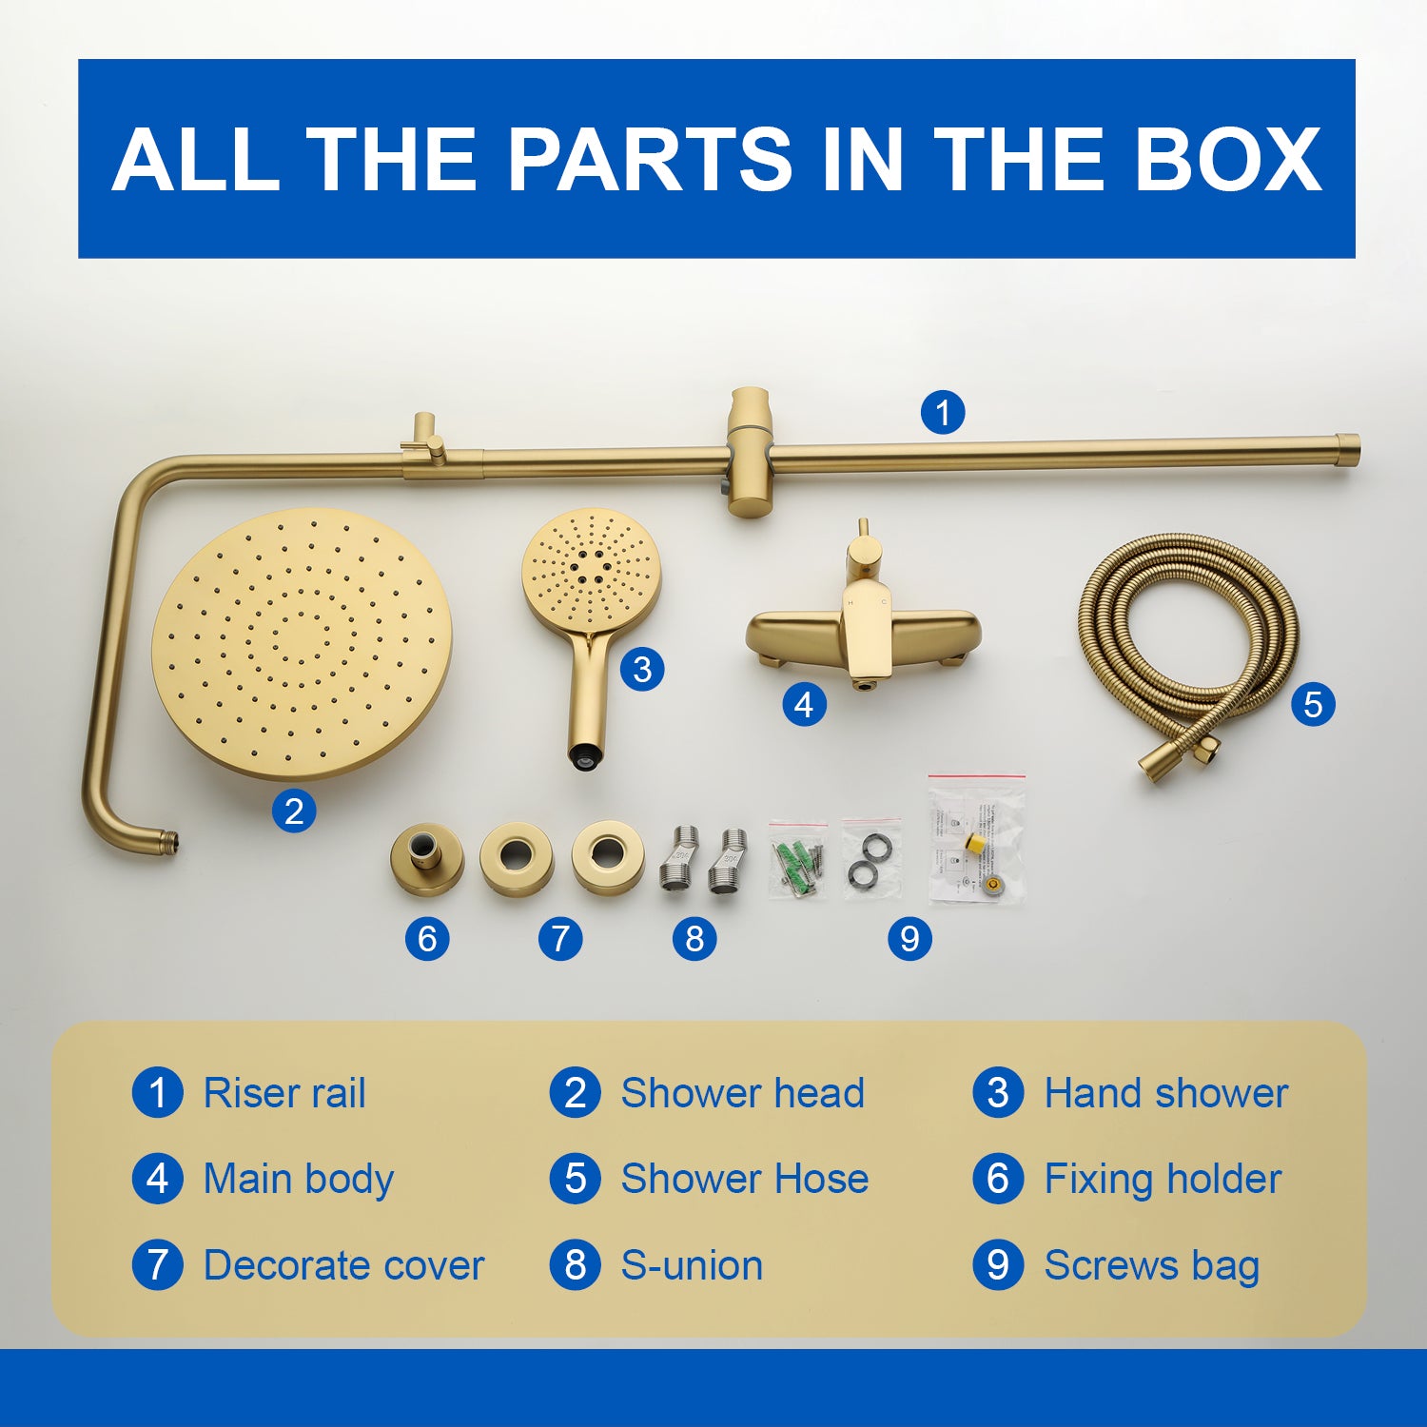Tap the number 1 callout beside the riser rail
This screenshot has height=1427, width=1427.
tap(943, 413)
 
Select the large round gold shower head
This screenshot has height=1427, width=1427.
tap(302, 644)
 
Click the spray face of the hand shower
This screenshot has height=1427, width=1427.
tap(592, 567)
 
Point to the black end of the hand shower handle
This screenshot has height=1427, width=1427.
tap(585, 757)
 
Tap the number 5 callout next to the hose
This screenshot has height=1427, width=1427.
tap(1313, 705)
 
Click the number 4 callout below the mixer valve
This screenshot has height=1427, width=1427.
tap(804, 705)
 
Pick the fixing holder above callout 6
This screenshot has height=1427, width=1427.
tap(427, 859)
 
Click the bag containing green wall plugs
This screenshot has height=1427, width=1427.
tap(797, 860)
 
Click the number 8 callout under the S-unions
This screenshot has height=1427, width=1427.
tap(694, 939)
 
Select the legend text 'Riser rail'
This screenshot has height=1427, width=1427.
tap(284, 1093)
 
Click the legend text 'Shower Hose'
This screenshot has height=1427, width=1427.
tap(745, 1179)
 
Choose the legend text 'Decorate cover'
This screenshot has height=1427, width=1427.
tap(344, 1265)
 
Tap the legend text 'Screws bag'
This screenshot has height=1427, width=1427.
tap(1152, 1266)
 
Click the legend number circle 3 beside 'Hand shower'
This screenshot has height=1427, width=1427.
tap(998, 1093)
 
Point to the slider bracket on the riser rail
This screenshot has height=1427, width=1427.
tap(750, 453)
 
